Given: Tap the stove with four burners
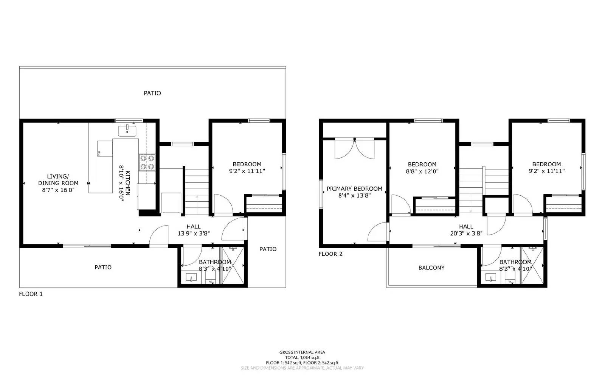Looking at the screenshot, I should [x=147, y=162].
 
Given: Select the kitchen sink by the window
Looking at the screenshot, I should [x=127, y=131].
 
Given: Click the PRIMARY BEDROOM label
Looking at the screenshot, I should [x=354, y=188].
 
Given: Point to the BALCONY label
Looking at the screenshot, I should [x=431, y=268].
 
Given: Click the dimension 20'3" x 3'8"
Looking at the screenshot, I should [x=466, y=233].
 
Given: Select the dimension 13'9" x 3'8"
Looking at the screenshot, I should [x=193, y=233].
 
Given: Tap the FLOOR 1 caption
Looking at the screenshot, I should [x=31, y=294].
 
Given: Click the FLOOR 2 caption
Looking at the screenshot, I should [x=330, y=254].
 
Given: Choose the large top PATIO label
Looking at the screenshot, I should [x=152, y=93].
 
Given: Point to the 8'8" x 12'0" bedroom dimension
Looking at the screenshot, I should [x=422, y=171].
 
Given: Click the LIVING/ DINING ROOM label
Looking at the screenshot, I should [x=58, y=179].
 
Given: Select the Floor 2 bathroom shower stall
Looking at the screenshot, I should [x=532, y=264].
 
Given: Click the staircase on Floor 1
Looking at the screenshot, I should [x=197, y=191].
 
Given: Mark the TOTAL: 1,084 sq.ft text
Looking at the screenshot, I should [x=302, y=357].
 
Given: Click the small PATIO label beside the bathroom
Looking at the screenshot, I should [x=268, y=249].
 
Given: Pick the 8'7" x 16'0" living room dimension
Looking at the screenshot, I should [x=58, y=190].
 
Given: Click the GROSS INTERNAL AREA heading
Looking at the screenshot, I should [x=302, y=352].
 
